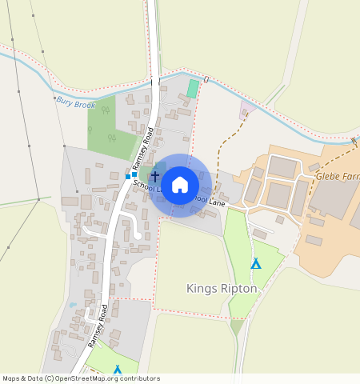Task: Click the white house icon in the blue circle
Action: (x=180, y=185)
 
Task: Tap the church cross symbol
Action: (x=155, y=174)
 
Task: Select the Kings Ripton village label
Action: (x=221, y=287)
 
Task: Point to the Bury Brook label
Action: (x=76, y=103)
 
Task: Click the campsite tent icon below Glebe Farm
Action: (x=256, y=263)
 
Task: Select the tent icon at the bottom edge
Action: (x=118, y=370)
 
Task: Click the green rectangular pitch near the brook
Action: (x=193, y=89)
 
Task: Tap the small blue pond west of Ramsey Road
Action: (x=73, y=305)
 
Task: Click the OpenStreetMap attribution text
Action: (x=81, y=378)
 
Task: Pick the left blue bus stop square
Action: (x=127, y=176)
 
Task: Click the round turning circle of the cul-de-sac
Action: (x=138, y=236)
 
